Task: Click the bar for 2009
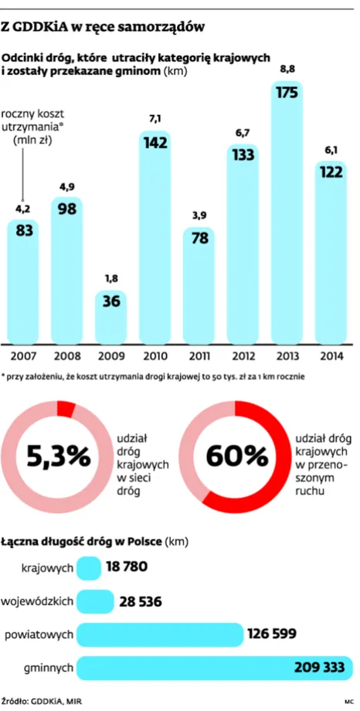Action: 111,317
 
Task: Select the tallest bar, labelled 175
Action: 287,213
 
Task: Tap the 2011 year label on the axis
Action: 199,355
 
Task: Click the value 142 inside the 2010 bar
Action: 155,143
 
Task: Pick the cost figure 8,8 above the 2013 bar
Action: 287,71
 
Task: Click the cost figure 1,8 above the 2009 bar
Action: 111,279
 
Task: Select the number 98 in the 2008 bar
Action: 67,209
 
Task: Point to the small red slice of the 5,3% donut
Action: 66,409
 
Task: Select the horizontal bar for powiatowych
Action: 160,634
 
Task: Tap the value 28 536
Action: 141,601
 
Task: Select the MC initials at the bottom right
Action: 348,702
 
